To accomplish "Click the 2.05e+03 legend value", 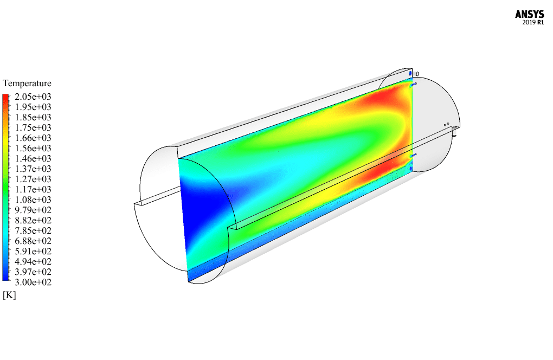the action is pyautogui.click(x=33, y=97).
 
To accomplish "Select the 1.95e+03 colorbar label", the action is pyautogui.click(x=33, y=107).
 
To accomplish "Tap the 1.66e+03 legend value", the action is pyautogui.click(x=33, y=138).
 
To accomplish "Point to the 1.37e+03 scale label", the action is pyautogui.click(x=33, y=169).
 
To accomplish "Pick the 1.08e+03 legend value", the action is pyautogui.click(x=33, y=200).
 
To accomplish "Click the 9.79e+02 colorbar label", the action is pyautogui.click(x=33, y=210).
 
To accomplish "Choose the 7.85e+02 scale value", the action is pyautogui.click(x=33, y=230).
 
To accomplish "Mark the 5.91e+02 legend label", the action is pyautogui.click(x=33, y=251).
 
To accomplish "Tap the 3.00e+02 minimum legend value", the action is pyautogui.click(x=33, y=282).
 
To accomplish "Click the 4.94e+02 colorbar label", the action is pyautogui.click(x=33, y=261).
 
